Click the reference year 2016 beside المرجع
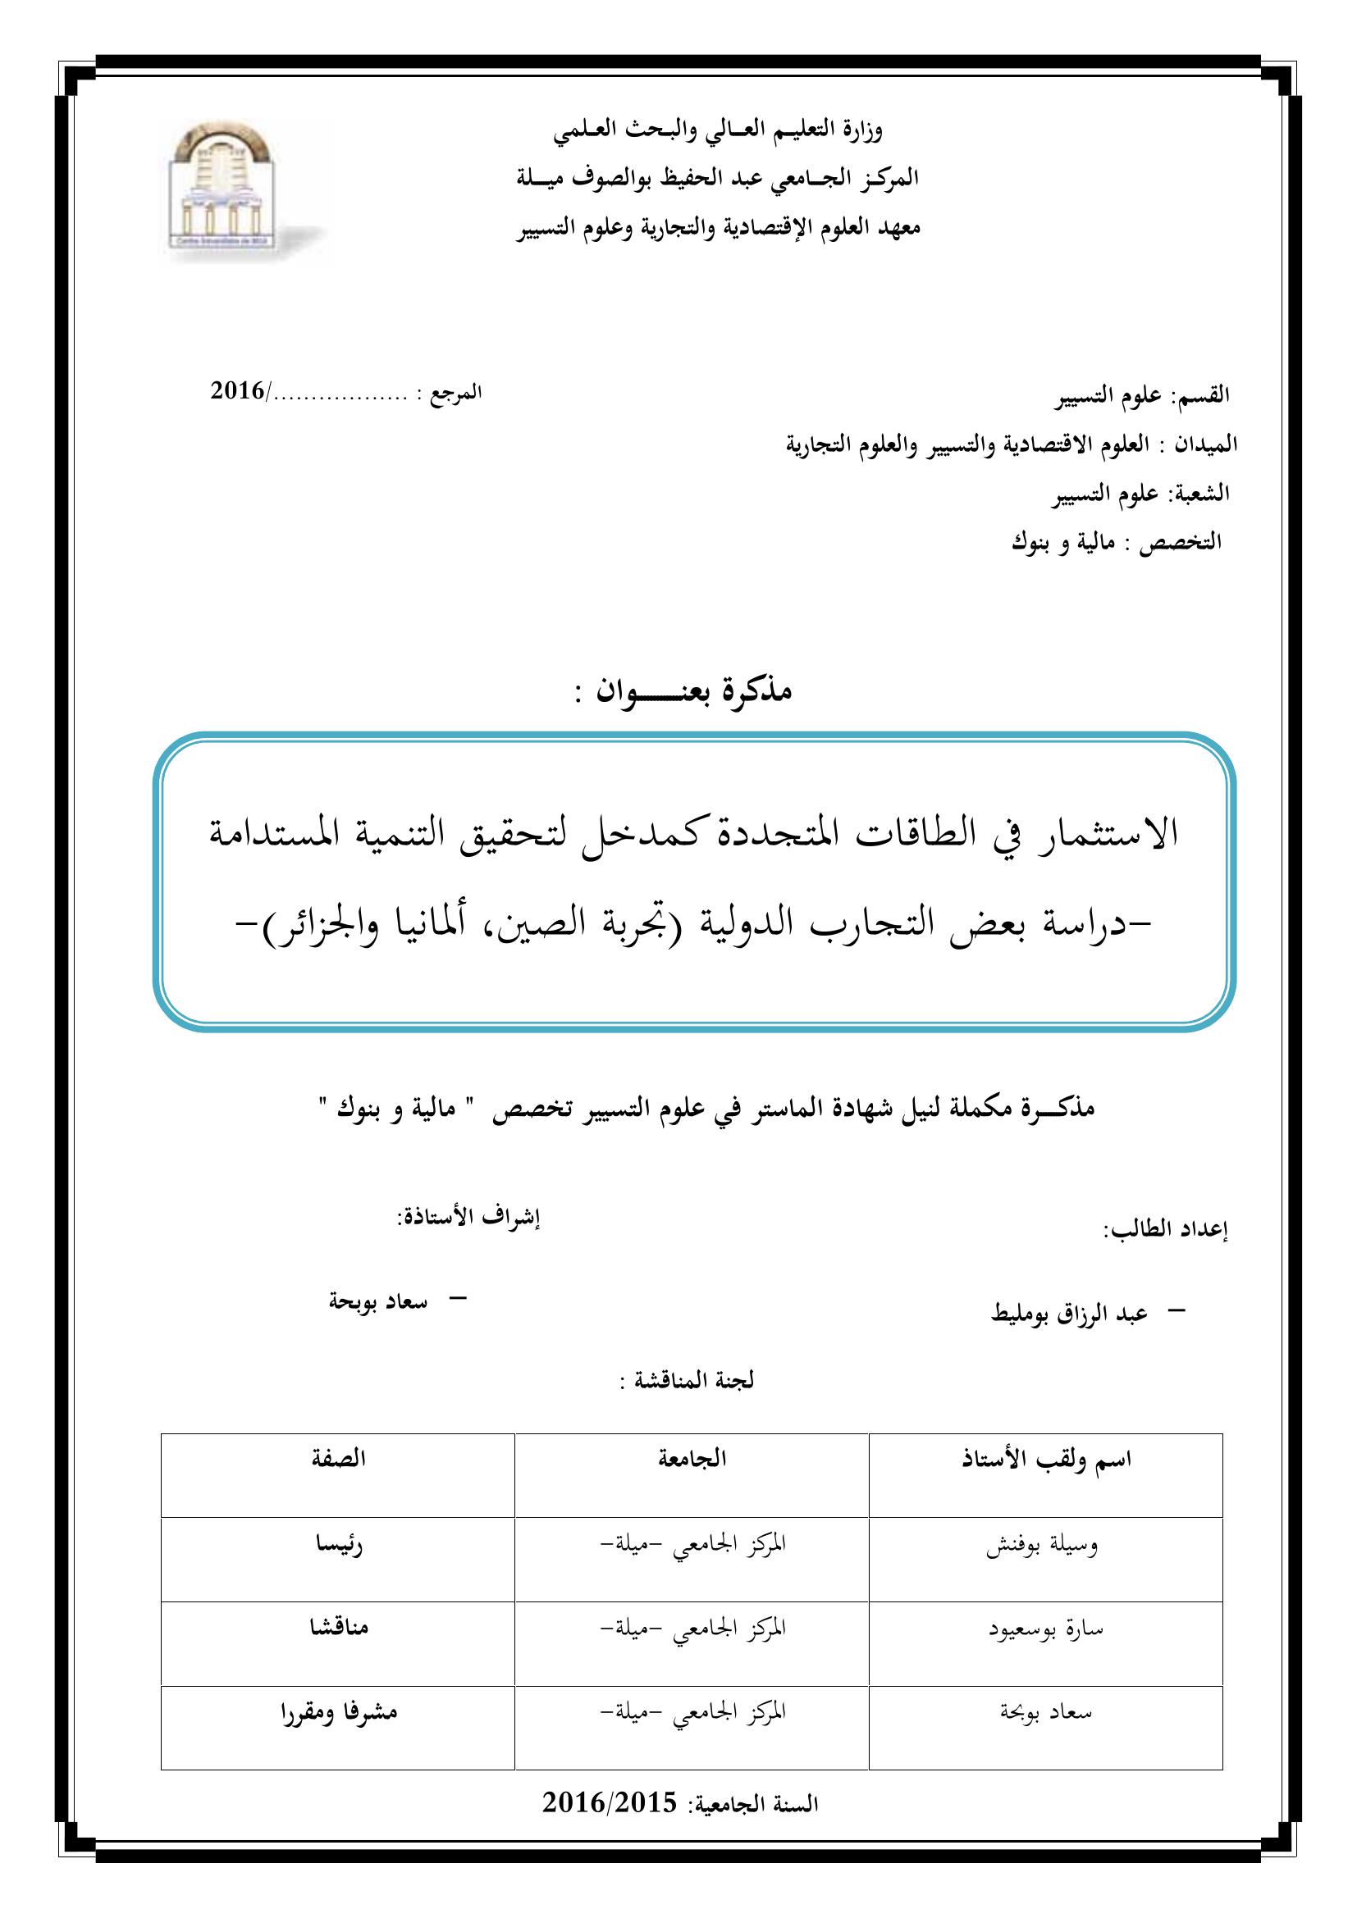(x=237, y=391)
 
